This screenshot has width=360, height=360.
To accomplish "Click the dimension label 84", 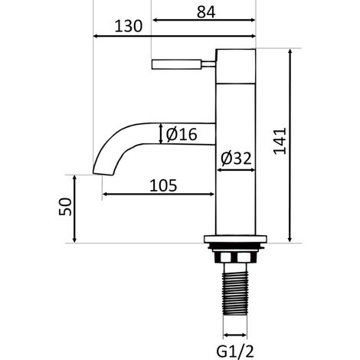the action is click(x=206, y=12).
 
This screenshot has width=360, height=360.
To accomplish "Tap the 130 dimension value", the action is click(x=128, y=26).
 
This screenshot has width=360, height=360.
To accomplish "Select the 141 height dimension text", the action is click(x=280, y=141).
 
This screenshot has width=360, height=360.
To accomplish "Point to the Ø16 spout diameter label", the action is click(x=182, y=134).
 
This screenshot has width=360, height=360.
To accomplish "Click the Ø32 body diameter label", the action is click(x=236, y=159).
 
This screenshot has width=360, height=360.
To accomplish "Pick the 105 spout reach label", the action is click(x=163, y=185).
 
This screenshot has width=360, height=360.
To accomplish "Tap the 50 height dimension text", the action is click(x=65, y=207).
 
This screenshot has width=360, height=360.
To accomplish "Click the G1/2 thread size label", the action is click(x=235, y=352).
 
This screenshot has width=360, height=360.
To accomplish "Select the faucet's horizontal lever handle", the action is click(x=177, y=64).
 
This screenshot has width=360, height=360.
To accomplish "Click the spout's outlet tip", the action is click(x=103, y=174).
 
